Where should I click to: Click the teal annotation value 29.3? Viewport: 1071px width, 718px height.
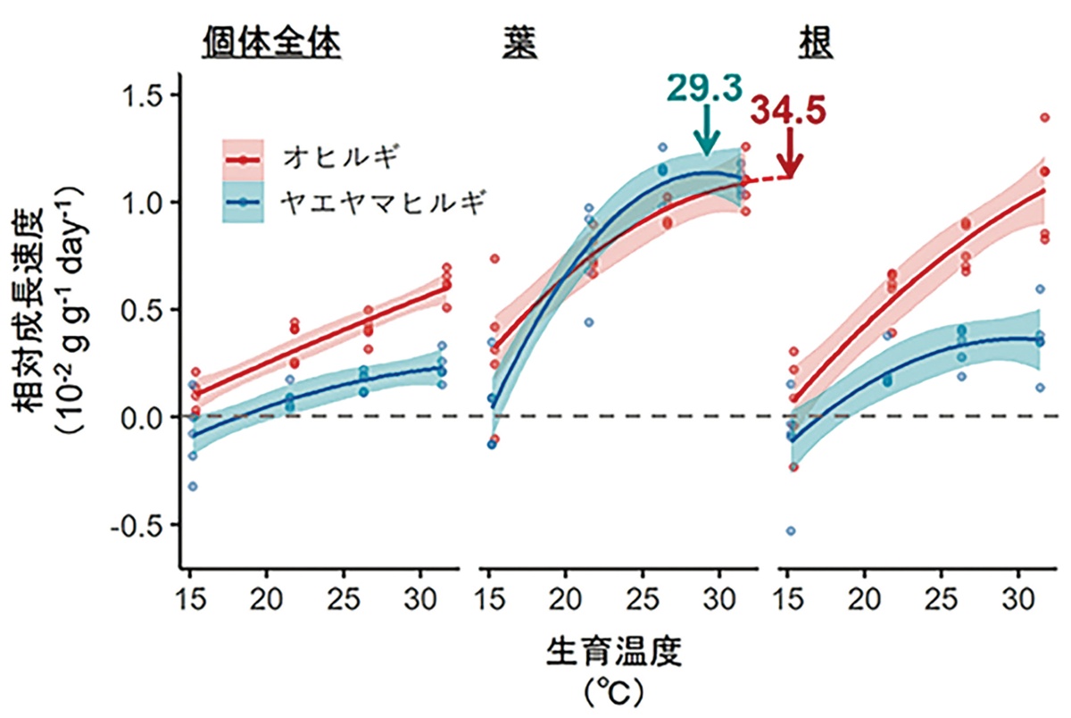click(703, 87)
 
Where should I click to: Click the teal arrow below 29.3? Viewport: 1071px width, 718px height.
click(707, 132)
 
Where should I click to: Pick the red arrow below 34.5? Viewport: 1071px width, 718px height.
click(790, 152)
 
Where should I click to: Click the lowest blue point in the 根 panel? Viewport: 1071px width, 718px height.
click(791, 531)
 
